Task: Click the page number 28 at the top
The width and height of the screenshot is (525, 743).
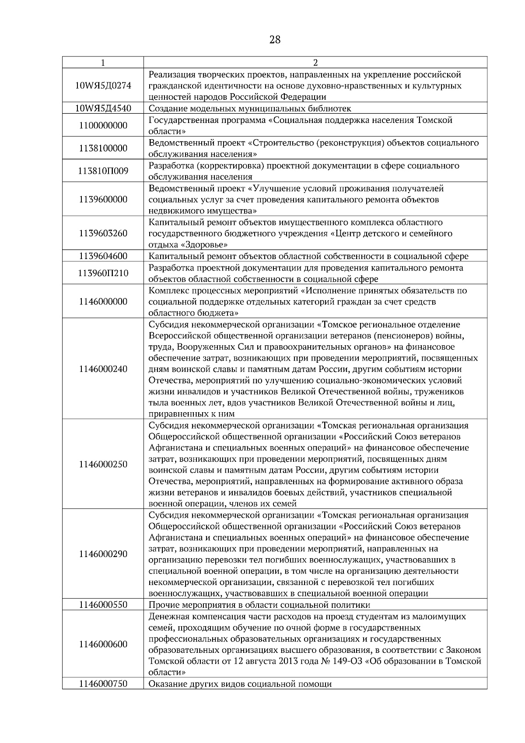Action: [275, 40]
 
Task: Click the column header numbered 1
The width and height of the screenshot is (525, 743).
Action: [103, 63]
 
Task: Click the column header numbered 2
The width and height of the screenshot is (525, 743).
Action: [315, 63]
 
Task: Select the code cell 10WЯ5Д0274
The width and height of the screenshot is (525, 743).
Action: [103, 86]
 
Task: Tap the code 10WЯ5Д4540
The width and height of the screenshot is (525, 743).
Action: [103, 108]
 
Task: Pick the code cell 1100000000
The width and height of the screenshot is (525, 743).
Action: [103, 126]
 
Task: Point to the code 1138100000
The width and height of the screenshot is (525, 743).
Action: [103, 148]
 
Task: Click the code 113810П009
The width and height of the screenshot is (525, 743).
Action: [103, 171]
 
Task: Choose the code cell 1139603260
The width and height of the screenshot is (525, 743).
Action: [103, 233]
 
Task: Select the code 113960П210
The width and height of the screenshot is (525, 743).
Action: [103, 273]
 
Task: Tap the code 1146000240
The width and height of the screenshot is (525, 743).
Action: [103, 369]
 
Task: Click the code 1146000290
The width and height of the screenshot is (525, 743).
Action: [103, 554]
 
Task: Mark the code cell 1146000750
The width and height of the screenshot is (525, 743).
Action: [103, 683]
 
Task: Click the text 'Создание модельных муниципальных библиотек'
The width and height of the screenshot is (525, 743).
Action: [250, 108]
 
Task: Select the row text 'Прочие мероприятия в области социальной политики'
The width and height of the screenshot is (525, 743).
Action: [259, 605]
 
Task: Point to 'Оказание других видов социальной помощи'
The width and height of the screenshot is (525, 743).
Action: [240, 683]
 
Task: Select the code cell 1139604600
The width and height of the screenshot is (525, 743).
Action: [103, 256]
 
